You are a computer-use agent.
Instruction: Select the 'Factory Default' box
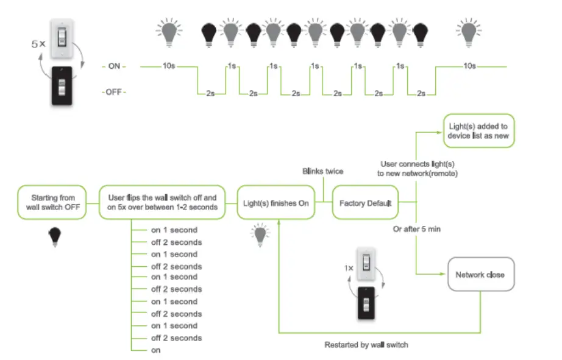coord(365,203)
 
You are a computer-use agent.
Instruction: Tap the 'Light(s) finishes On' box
coord(277,203)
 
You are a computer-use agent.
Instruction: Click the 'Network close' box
coord(480,275)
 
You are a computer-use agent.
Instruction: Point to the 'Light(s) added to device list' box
coord(478,130)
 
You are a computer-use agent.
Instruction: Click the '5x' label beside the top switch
coord(38,44)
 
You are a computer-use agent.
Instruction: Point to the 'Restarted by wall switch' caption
coord(366,345)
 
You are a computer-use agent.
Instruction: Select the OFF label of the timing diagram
coord(114,92)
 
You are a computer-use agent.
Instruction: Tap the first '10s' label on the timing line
coord(170,65)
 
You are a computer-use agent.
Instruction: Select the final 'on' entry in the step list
coord(156,350)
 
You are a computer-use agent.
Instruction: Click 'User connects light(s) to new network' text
coord(418,169)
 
